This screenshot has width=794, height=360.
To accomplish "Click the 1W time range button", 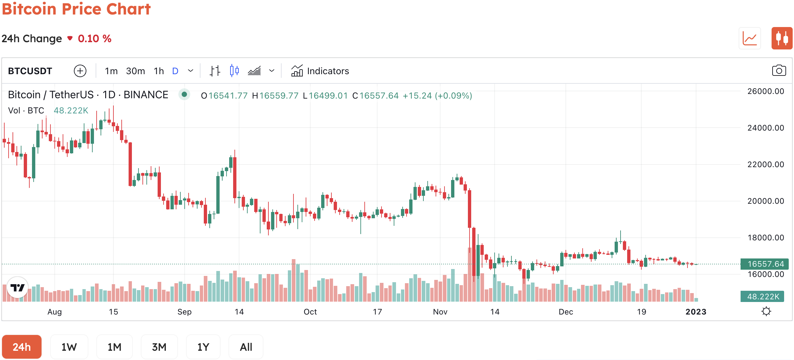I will tap(69, 347).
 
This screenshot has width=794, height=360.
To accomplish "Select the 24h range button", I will tap(22, 347).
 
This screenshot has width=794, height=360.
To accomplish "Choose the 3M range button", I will tap(159, 347).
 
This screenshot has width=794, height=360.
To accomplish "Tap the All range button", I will tap(246, 347).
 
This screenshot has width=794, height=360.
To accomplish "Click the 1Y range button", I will tap(203, 347).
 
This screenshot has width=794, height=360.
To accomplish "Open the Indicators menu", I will tap(320, 71).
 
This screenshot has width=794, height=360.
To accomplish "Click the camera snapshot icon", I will tap(779, 71).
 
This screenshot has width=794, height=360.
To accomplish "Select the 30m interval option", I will tap(135, 71).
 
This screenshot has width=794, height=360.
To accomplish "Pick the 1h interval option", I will tap(159, 71).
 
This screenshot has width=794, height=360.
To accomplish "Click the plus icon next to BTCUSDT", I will tap(80, 71).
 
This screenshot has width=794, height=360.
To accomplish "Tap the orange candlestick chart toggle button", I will tap(782, 38).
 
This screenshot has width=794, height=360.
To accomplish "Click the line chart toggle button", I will tap(749, 38).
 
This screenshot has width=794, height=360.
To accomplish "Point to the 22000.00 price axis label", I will tap(765, 164).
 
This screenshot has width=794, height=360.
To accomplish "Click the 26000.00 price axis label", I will tap(765, 91).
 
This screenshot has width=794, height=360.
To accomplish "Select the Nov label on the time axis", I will tap(440, 312).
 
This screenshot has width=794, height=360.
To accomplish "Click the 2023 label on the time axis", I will tap(696, 312).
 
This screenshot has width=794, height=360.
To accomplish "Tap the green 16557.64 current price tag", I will tap(765, 264).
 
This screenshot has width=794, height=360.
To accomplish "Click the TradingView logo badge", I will tap(17, 287).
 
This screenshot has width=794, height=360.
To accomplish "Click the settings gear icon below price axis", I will tap(766, 311).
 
